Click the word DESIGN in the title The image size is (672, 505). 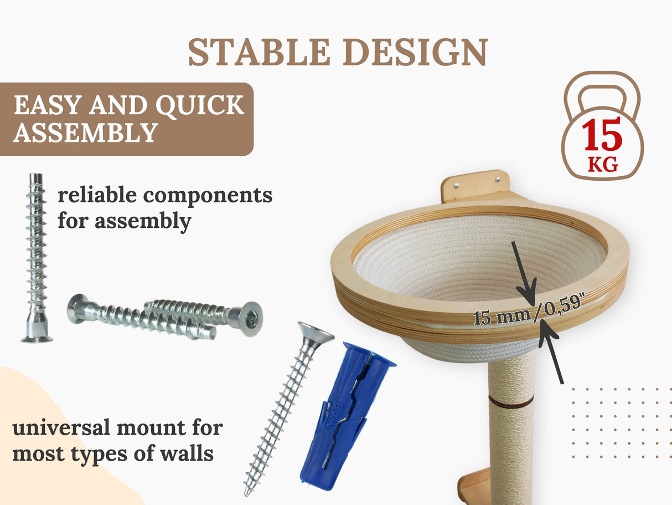(x=415, y=53)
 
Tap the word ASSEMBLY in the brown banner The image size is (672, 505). (x=85, y=133)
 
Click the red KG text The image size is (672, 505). (x=602, y=165)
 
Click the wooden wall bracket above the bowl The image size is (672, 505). (x=475, y=186)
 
